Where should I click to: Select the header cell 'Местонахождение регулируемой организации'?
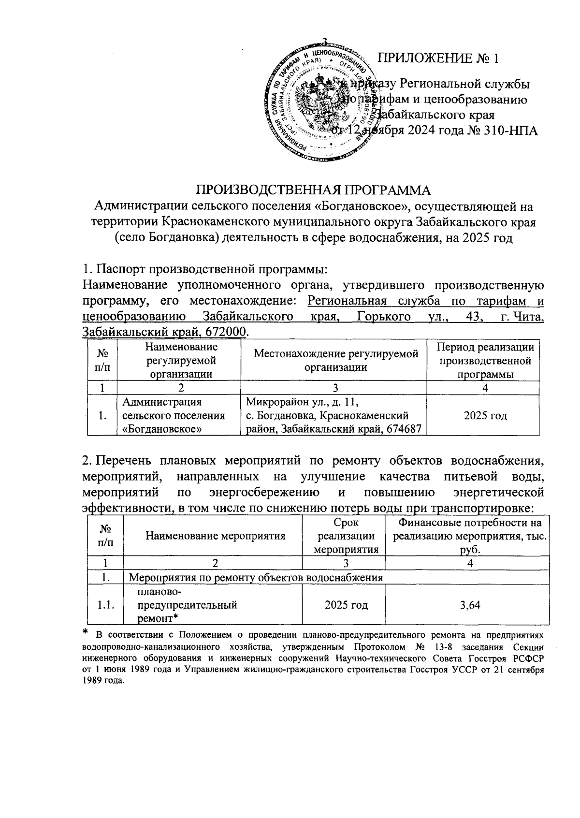tap(336, 361)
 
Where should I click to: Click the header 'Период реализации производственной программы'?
tap(485, 361)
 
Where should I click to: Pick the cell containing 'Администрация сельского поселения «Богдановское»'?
tap(174, 415)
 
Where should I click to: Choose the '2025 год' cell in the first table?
tap(485, 415)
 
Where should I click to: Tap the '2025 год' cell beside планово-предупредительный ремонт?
tap(346, 605)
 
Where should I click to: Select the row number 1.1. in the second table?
tap(105, 605)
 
